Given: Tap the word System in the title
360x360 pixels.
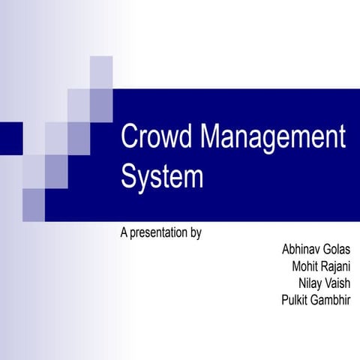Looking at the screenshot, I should (162, 178).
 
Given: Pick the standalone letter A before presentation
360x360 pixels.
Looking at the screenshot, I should (124, 233).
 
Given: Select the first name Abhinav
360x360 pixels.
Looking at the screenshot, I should (302, 249).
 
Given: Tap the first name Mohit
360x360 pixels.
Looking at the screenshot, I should (304, 266).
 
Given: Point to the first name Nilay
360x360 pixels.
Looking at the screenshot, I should (311, 283).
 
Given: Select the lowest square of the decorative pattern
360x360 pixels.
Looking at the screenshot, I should (34, 204).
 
